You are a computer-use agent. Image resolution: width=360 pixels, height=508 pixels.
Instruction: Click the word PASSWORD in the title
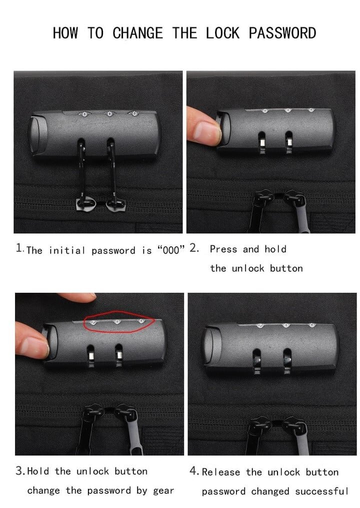click(x=282, y=33)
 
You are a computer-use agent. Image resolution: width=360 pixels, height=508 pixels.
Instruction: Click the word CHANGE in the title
click(x=137, y=33)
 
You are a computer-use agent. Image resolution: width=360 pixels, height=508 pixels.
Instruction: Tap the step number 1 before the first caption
click(x=19, y=248)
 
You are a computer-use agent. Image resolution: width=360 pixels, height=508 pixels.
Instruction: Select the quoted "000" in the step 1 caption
click(x=170, y=250)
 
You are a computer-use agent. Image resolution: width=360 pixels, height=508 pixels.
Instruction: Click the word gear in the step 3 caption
click(x=163, y=491)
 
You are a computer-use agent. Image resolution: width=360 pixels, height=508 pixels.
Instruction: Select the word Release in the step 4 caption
click(x=221, y=472)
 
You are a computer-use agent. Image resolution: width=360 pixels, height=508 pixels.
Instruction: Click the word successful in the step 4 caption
click(x=321, y=491)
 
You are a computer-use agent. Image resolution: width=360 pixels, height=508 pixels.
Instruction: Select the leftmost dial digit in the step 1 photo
click(x=84, y=114)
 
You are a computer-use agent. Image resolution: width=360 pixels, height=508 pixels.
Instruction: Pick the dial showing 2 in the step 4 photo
click(x=260, y=325)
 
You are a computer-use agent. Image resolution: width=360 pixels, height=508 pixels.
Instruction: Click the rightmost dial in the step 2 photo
click(x=311, y=110)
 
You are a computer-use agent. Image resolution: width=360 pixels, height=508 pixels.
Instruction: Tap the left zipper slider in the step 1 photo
click(x=86, y=204)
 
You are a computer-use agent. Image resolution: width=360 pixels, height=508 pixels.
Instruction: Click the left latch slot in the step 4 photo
click(x=256, y=360)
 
